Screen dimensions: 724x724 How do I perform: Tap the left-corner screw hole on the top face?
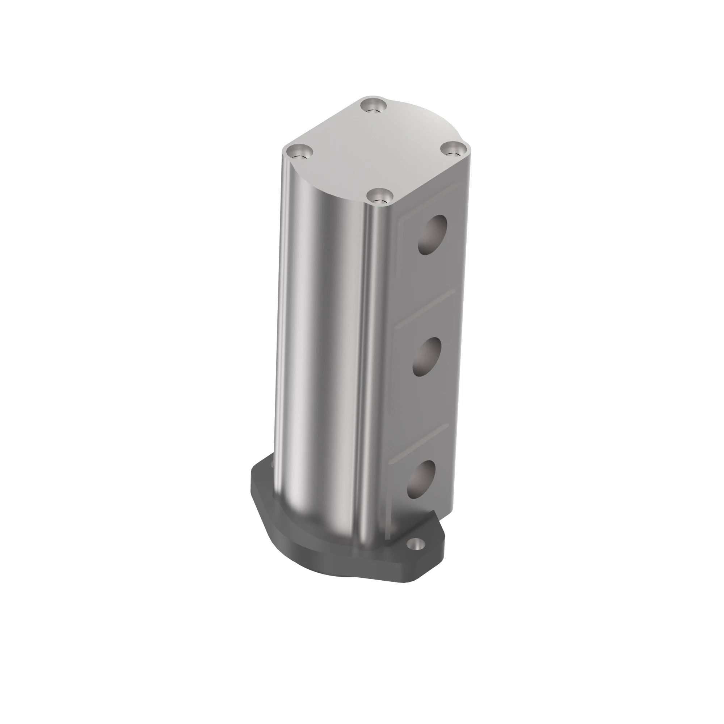click(x=299, y=153)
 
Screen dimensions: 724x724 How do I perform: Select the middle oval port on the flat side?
click(x=426, y=356)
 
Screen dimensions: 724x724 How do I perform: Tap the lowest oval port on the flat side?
click(x=422, y=479)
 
